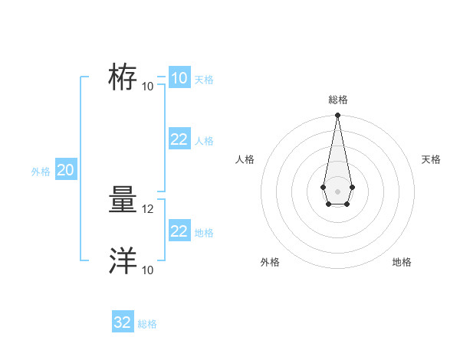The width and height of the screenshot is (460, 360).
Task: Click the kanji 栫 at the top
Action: (x=123, y=78)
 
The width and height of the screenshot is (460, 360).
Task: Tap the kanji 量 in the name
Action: (x=123, y=201)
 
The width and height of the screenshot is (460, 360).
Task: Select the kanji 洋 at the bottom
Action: (x=123, y=262)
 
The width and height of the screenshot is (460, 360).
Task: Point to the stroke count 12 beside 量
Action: (x=149, y=208)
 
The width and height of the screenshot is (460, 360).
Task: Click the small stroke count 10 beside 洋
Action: (x=148, y=270)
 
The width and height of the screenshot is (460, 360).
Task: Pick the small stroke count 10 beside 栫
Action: (x=148, y=86)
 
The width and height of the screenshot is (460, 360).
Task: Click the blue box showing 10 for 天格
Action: (x=179, y=78)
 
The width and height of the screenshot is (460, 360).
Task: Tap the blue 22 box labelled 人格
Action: (x=179, y=139)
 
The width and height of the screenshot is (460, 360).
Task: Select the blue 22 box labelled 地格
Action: (x=179, y=231)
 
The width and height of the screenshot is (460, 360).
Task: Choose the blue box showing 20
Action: (x=65, y=170)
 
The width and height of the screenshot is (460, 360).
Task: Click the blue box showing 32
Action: (x=123, y=322)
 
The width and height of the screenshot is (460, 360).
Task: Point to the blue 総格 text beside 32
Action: (x=147, y=324)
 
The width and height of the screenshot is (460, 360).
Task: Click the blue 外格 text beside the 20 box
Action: (x=41, y=172)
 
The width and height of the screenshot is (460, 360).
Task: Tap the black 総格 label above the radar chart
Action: (x=337, y=100)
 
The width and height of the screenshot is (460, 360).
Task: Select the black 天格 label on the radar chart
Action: (x=432, y=159)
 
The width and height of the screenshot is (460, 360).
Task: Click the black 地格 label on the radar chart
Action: (x=402, y=262)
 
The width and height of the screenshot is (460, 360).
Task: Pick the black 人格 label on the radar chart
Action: (x=245, y=159)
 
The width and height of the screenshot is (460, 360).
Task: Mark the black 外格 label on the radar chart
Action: (x=270, y=262)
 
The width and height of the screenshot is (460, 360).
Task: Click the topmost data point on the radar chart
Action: (x=337, y=116)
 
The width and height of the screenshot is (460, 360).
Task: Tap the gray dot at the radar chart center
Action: (x=337, y=191)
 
